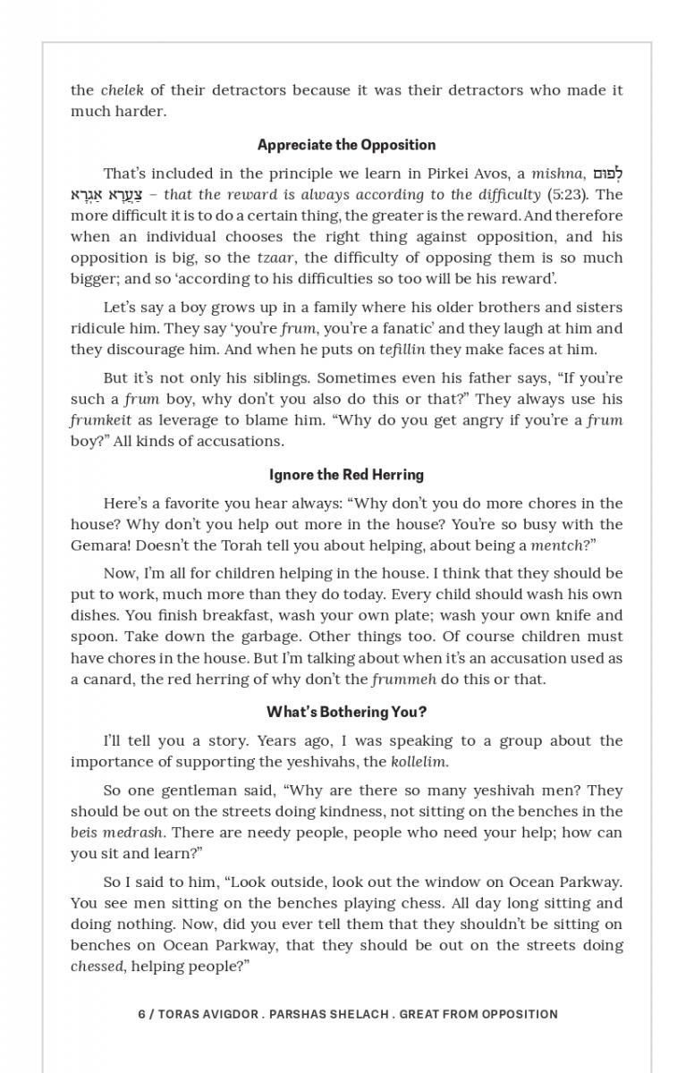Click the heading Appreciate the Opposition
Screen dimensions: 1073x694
(346, 145)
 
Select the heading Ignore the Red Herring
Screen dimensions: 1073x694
(346, 475)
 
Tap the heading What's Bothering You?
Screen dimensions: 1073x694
(346, 713)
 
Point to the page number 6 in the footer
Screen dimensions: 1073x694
(142, 1014)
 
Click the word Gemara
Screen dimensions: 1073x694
(99, 545)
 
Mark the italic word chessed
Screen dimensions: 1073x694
(97, 967)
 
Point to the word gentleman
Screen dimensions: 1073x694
(182, 790)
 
